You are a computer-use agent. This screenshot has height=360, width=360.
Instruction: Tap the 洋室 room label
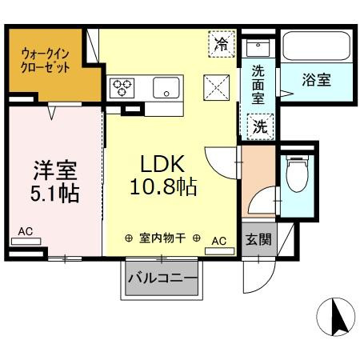pos(55,170)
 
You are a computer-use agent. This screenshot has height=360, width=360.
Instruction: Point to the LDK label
pos(163,164)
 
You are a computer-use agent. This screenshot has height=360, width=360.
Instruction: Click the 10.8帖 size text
pos(165,187)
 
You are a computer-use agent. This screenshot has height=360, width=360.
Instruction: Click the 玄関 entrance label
pos(258,239)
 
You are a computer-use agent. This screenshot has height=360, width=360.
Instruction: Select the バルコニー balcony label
pos(162,279)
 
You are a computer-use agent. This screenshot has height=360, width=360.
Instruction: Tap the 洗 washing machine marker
pos(261,126)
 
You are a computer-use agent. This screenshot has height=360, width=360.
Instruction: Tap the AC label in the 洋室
pos(26,231)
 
